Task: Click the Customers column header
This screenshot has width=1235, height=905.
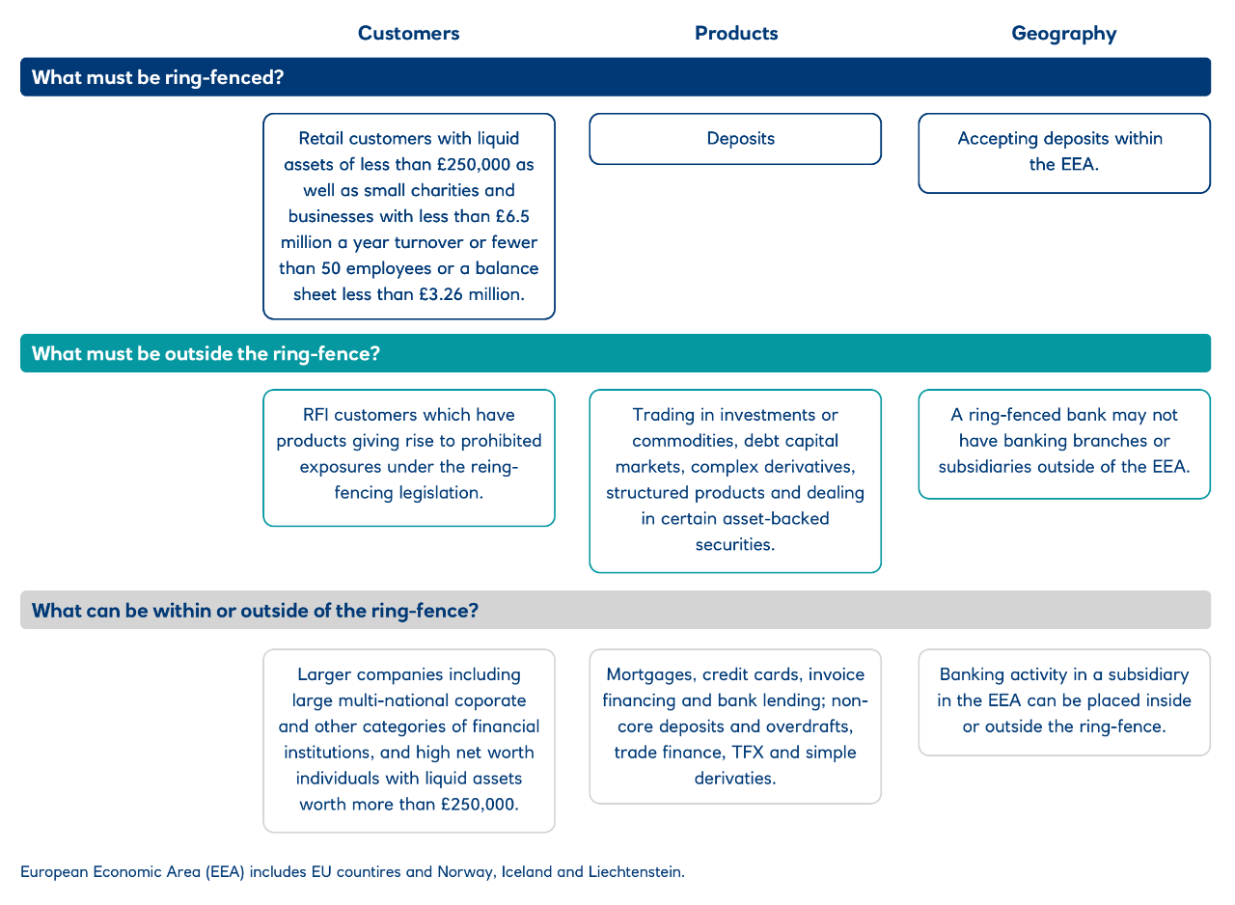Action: coord(408,33)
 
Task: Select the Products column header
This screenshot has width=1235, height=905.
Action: coord(736,33)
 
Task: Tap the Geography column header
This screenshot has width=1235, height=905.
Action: coord(1064,34)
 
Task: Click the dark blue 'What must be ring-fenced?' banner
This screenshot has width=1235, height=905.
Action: coord(616,77)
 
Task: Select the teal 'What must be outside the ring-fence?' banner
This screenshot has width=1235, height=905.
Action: coord(616,353)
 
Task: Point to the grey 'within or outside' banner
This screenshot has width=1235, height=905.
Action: coord(616,610)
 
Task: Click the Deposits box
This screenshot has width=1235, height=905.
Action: coord(735,139)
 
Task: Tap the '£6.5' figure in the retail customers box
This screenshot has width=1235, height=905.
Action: coord(512,217)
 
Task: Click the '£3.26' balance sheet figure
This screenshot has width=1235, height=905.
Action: coord(441,294)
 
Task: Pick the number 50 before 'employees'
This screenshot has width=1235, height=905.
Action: coord(331,268)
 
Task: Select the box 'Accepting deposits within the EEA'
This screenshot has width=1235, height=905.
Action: coord(1064,153)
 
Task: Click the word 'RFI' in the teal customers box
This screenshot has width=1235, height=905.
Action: coord(316,415)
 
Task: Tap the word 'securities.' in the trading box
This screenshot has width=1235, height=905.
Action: coord(735,544)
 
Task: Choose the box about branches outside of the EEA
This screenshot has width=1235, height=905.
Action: coord(1064,444)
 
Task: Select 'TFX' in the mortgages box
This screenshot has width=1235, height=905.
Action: coord(747,753)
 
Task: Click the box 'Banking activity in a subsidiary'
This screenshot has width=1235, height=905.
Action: coord(1064,702)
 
